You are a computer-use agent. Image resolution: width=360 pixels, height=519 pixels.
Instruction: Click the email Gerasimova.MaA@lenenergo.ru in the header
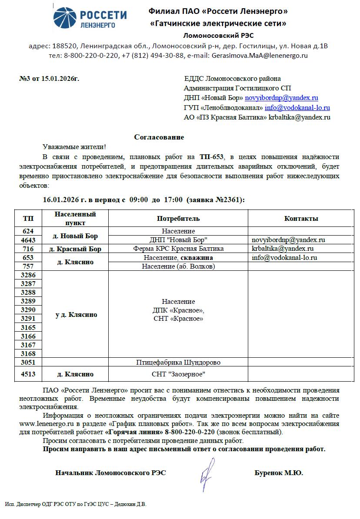[x=260, y=56]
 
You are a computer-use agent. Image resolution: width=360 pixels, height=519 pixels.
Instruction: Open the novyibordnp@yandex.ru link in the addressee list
[x=282, y=98]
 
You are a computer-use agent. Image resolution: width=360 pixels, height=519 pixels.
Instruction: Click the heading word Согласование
[x=159, y=137]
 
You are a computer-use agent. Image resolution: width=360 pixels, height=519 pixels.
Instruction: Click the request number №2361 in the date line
[x=230, y=200]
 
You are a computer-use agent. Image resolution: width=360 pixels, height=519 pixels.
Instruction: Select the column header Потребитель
[x=178, y=218]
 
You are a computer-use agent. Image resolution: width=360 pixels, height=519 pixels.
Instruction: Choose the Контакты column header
[x=301, y=218]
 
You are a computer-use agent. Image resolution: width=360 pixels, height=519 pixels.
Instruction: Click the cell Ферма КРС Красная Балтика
[x=178, y=249]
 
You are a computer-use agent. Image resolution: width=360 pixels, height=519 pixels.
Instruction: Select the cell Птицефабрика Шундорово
[x=178, y=363]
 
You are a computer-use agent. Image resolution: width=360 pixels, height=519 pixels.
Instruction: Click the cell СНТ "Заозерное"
[x=178, y=374]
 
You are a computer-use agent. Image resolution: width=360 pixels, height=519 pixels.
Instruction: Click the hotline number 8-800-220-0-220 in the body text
[x=190, y=432]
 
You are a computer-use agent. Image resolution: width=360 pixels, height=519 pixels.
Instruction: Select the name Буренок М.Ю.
[x=279, y=473]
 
